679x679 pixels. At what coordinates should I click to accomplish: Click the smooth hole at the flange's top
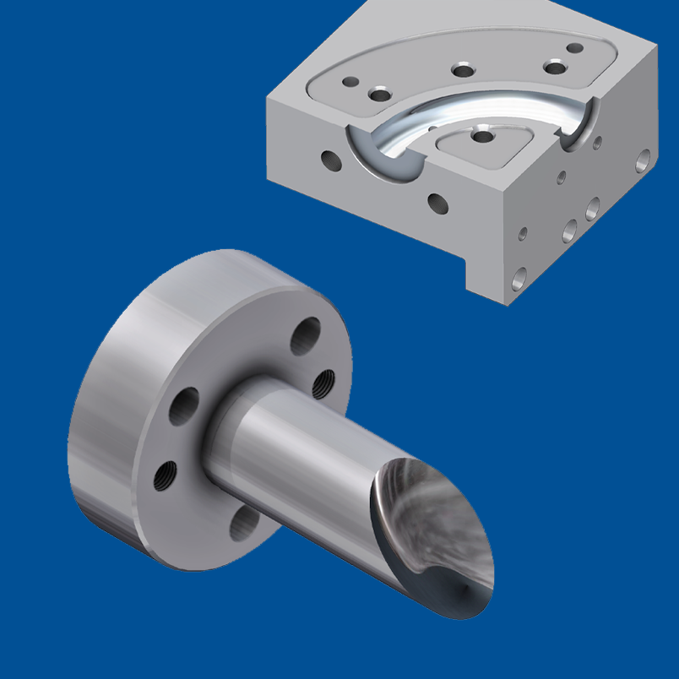305,336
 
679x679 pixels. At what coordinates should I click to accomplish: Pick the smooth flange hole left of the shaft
183,407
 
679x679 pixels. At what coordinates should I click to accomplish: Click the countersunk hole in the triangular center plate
481,135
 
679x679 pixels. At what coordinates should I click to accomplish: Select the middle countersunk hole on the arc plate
462,70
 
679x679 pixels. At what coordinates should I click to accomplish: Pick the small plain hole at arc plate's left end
345,81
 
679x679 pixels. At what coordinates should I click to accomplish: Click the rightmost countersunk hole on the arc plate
555,67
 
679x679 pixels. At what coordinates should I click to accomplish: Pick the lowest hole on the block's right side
519,276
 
